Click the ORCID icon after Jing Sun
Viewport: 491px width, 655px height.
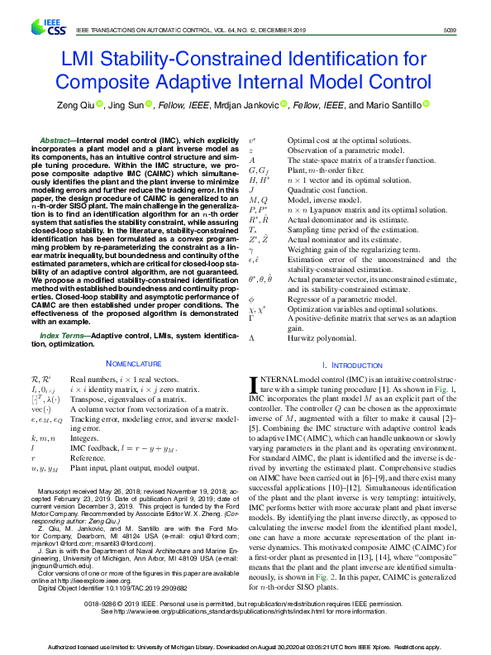click(x=150, y=105)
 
